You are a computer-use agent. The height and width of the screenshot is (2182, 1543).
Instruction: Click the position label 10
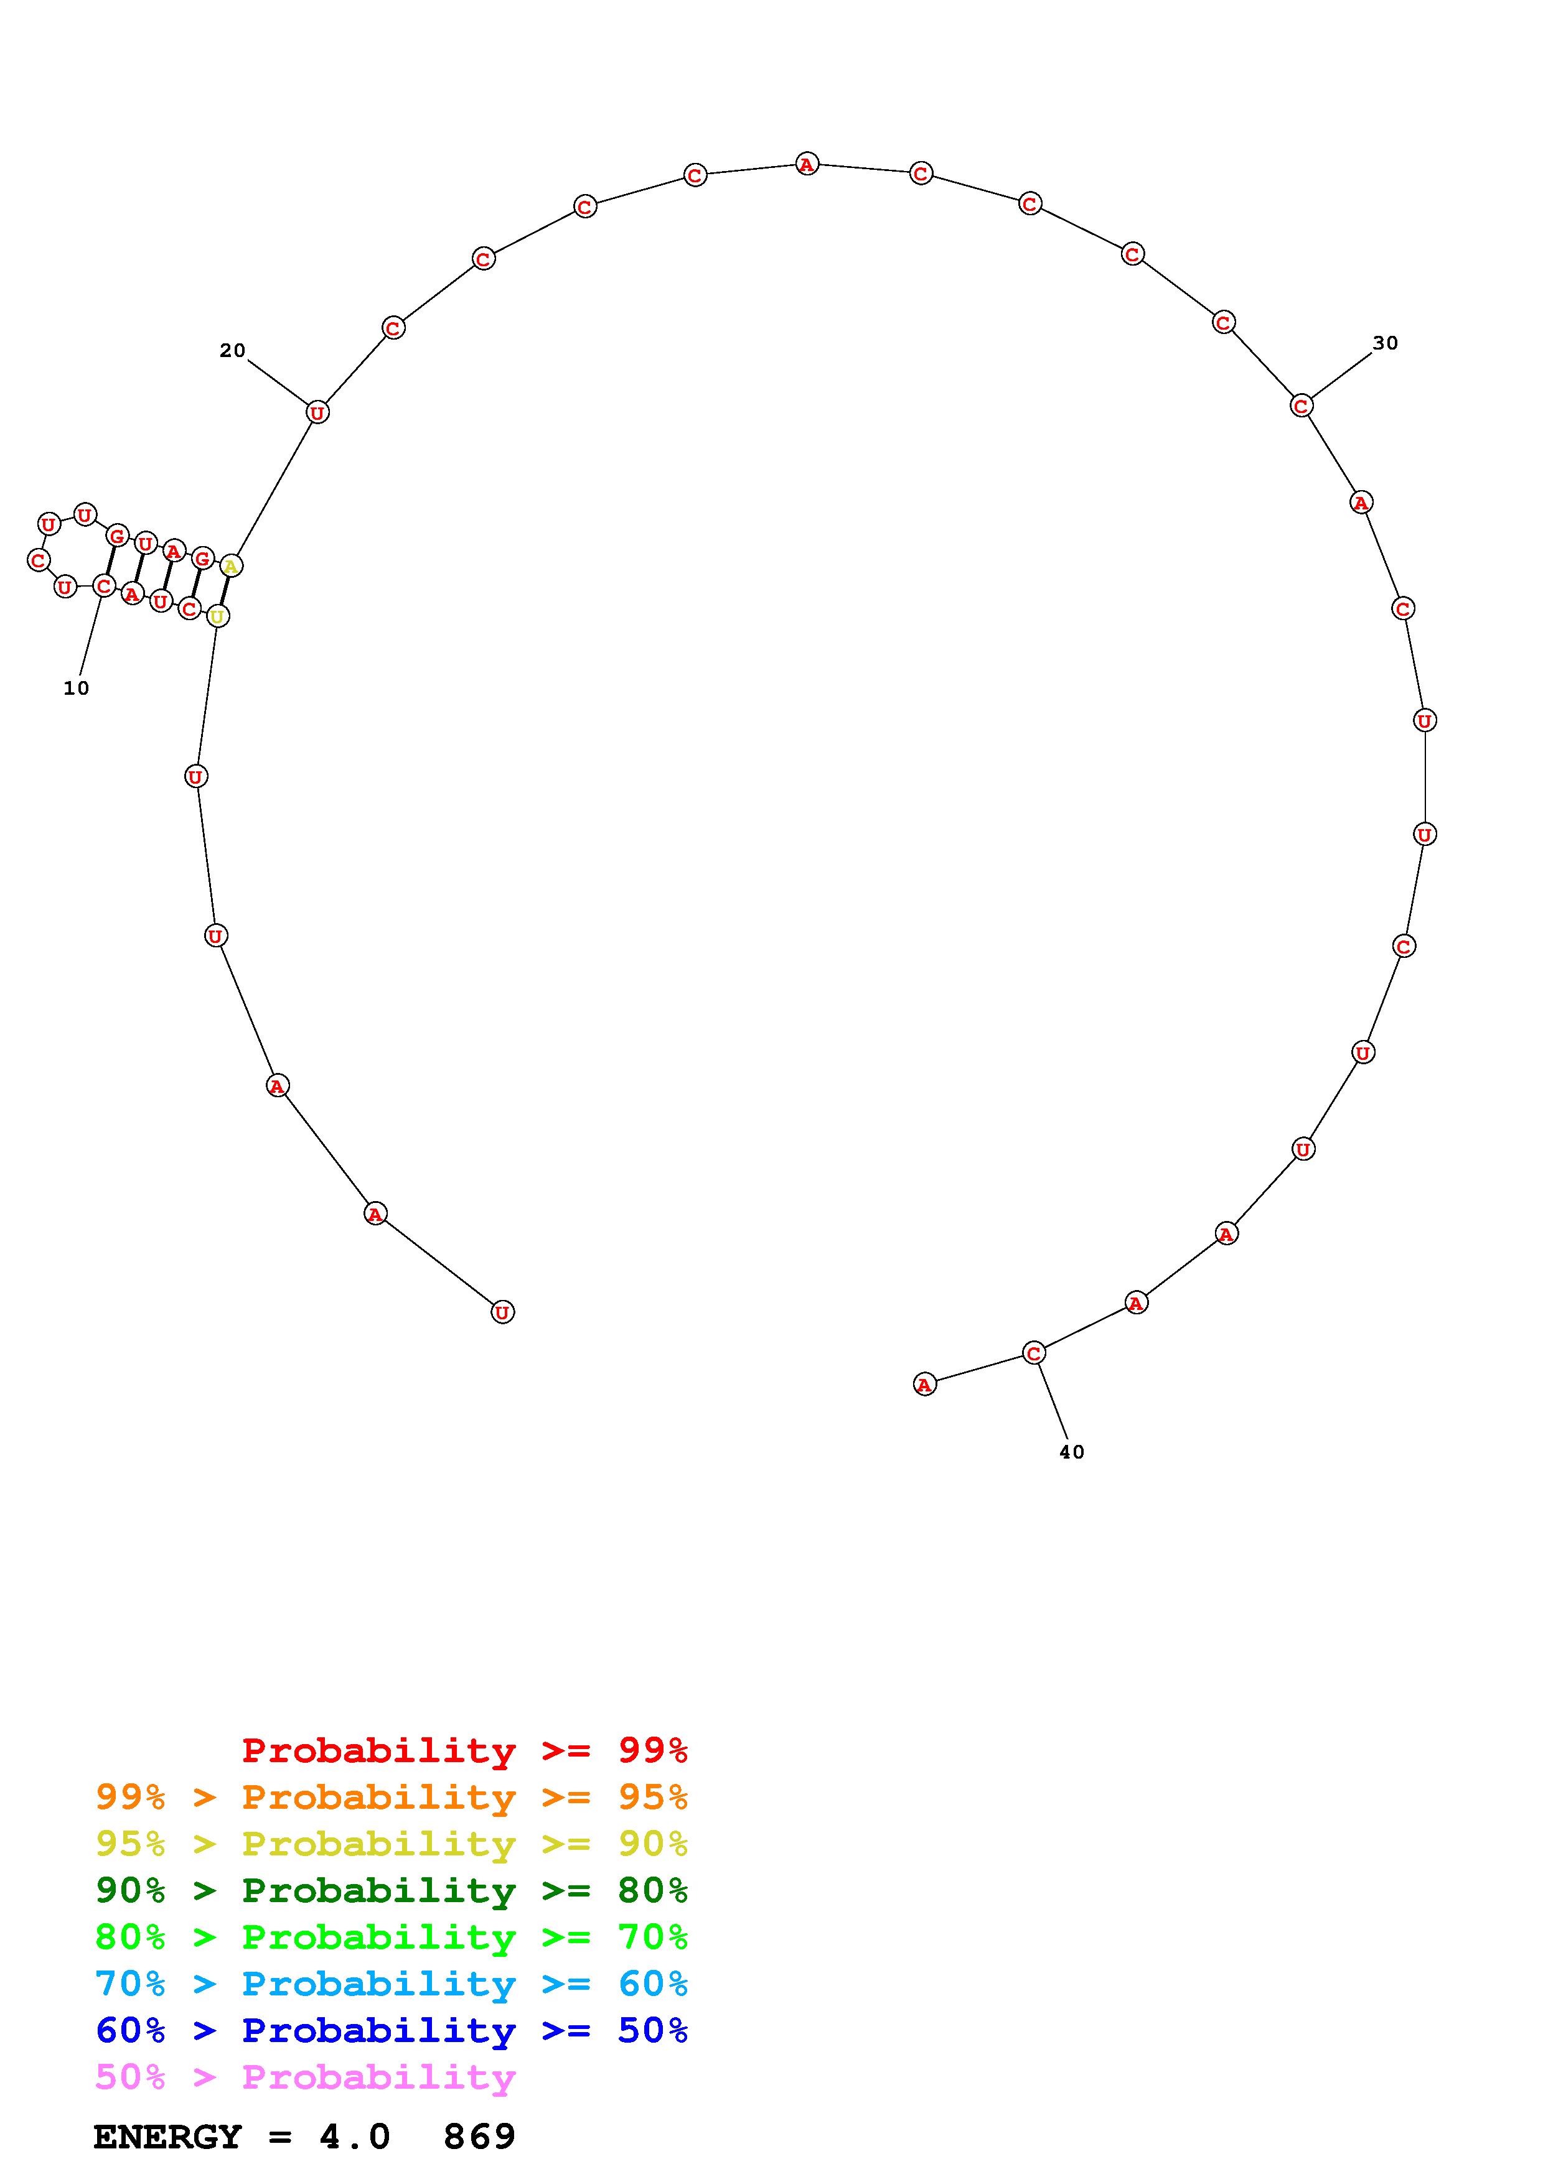76,688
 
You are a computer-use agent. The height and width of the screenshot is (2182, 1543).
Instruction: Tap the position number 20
232,351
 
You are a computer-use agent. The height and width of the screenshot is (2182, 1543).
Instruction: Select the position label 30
1385,343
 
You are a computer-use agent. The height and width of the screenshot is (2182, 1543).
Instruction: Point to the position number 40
1071,1452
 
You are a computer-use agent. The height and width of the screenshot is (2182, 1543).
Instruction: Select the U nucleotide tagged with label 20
317,412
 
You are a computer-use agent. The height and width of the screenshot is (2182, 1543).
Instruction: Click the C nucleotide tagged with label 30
1301,406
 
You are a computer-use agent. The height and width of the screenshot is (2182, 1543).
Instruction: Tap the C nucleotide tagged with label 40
1034,1352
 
